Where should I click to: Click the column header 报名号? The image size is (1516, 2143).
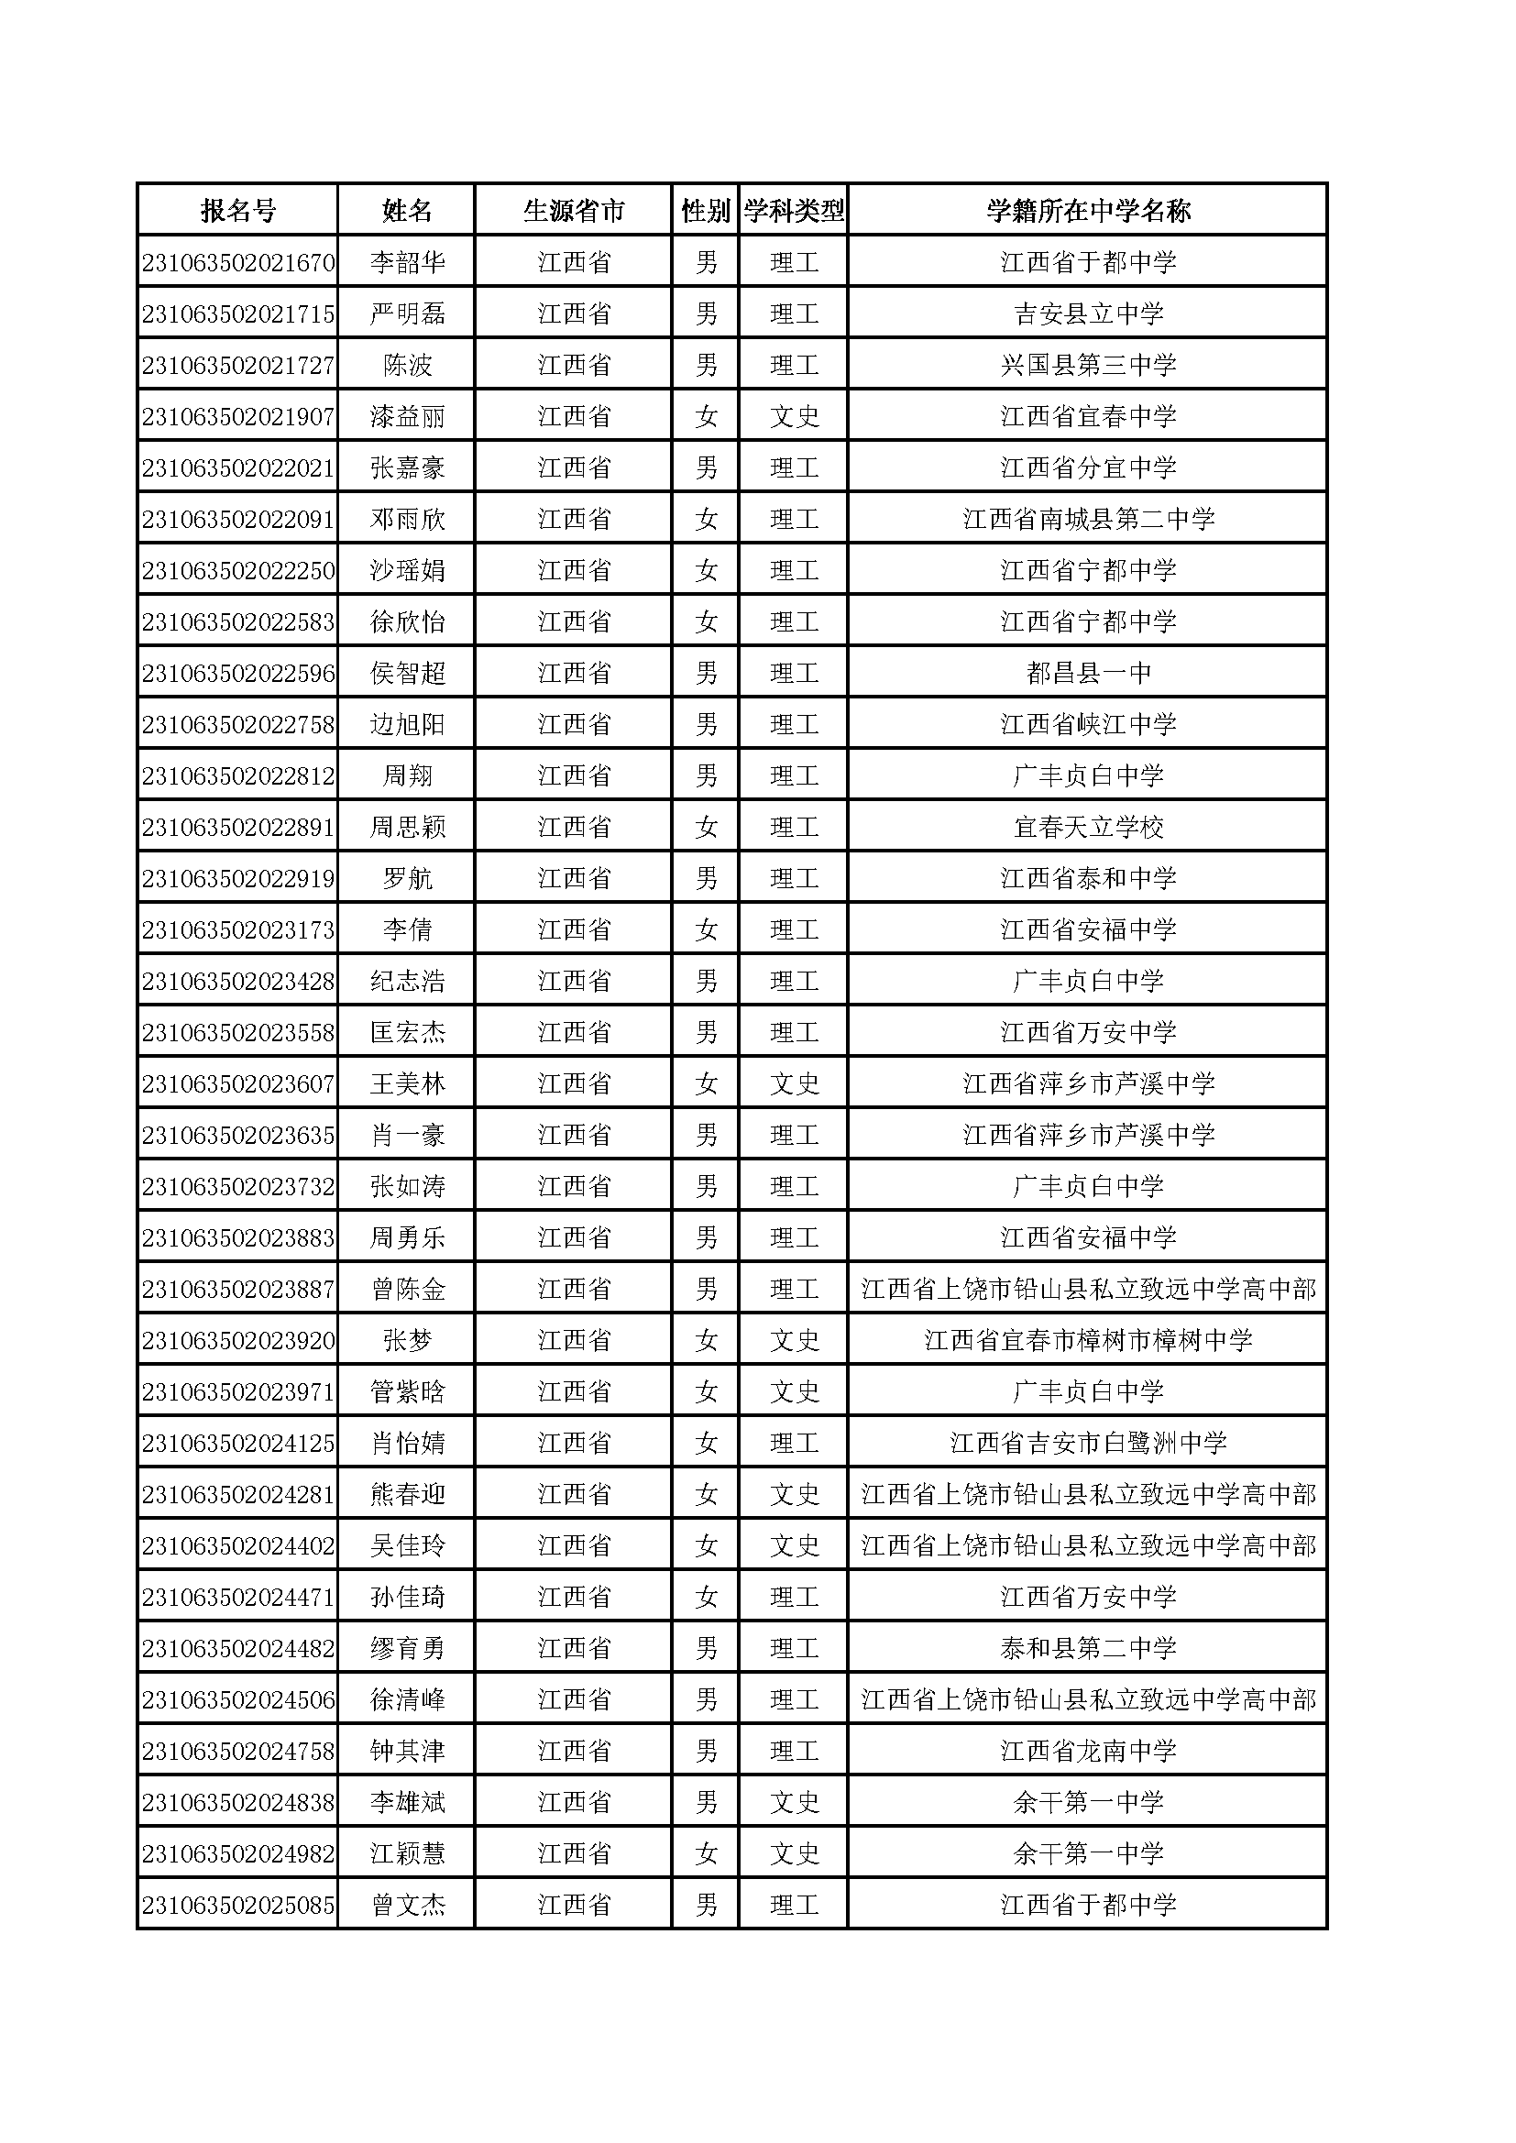tap(238, 211)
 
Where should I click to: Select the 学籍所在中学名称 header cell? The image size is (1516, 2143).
tap(1088, 211)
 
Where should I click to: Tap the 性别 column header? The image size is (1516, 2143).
tap(706, 211)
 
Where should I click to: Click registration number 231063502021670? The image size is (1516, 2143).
tap(238, 262)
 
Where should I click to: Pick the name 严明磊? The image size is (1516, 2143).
tap(407, 313)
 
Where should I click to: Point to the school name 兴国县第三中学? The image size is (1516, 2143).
tap(1088, 365)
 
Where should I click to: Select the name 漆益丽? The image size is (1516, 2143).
tap(407, 416)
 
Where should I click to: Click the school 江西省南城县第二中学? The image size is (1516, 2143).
tap(1088, 519)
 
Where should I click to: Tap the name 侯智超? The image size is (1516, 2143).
tap(407, 673)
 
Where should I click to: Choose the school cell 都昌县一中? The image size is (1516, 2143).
tap(1088, 673)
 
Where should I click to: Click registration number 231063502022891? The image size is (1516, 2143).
tap(238, 827)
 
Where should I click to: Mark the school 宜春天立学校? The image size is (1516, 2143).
tap(1088, 827)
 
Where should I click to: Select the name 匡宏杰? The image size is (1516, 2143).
tap(407, 1032)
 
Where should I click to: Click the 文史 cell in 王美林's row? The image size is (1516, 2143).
tap(794, 1083)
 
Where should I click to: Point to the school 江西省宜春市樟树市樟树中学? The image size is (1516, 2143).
tap(1088, 1340)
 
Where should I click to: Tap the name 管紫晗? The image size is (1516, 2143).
tap(407, 1391)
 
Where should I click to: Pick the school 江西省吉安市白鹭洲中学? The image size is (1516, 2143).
tap(1088, 1443)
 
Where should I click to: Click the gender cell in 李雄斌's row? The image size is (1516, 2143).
tap(706, 1802)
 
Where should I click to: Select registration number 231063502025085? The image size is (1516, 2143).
tap(238, 1905)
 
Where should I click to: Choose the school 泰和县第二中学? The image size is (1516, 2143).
tap(1088, 1648)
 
